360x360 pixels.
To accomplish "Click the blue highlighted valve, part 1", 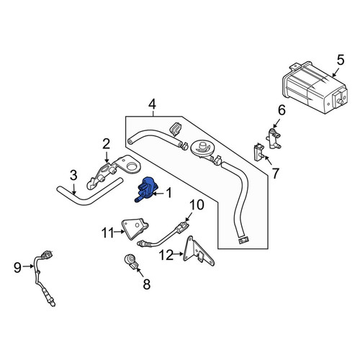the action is click(x=147, y=189).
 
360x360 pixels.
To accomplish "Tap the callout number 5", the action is click(x=341, y=60).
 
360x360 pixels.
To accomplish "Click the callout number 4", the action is click(x=152, y=104).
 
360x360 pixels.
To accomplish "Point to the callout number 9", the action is click(x=17, y=267).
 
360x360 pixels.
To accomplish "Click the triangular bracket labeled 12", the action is click(x=198, y=251).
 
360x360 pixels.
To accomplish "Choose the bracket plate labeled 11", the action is click(x=135, y=228).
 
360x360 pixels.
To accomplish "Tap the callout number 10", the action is click(x=197, y=205).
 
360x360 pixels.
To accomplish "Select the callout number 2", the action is click(x=106, y=144).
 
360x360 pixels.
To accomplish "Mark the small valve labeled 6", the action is click(x=274, y=139).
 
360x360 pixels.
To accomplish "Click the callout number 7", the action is click(x=276, y=174).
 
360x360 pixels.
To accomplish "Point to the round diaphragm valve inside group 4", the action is click(x=202, y=149).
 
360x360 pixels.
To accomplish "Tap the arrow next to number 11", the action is click(x=120, y=232).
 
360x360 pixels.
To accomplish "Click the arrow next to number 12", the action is click(x=179, y=253).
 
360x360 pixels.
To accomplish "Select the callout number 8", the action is click(x=146, y=285).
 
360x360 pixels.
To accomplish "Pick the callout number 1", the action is click(x=169, y=193).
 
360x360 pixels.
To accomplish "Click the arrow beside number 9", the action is click(x=29, y=266).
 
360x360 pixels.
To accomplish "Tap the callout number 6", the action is click(x=282, y=110).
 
